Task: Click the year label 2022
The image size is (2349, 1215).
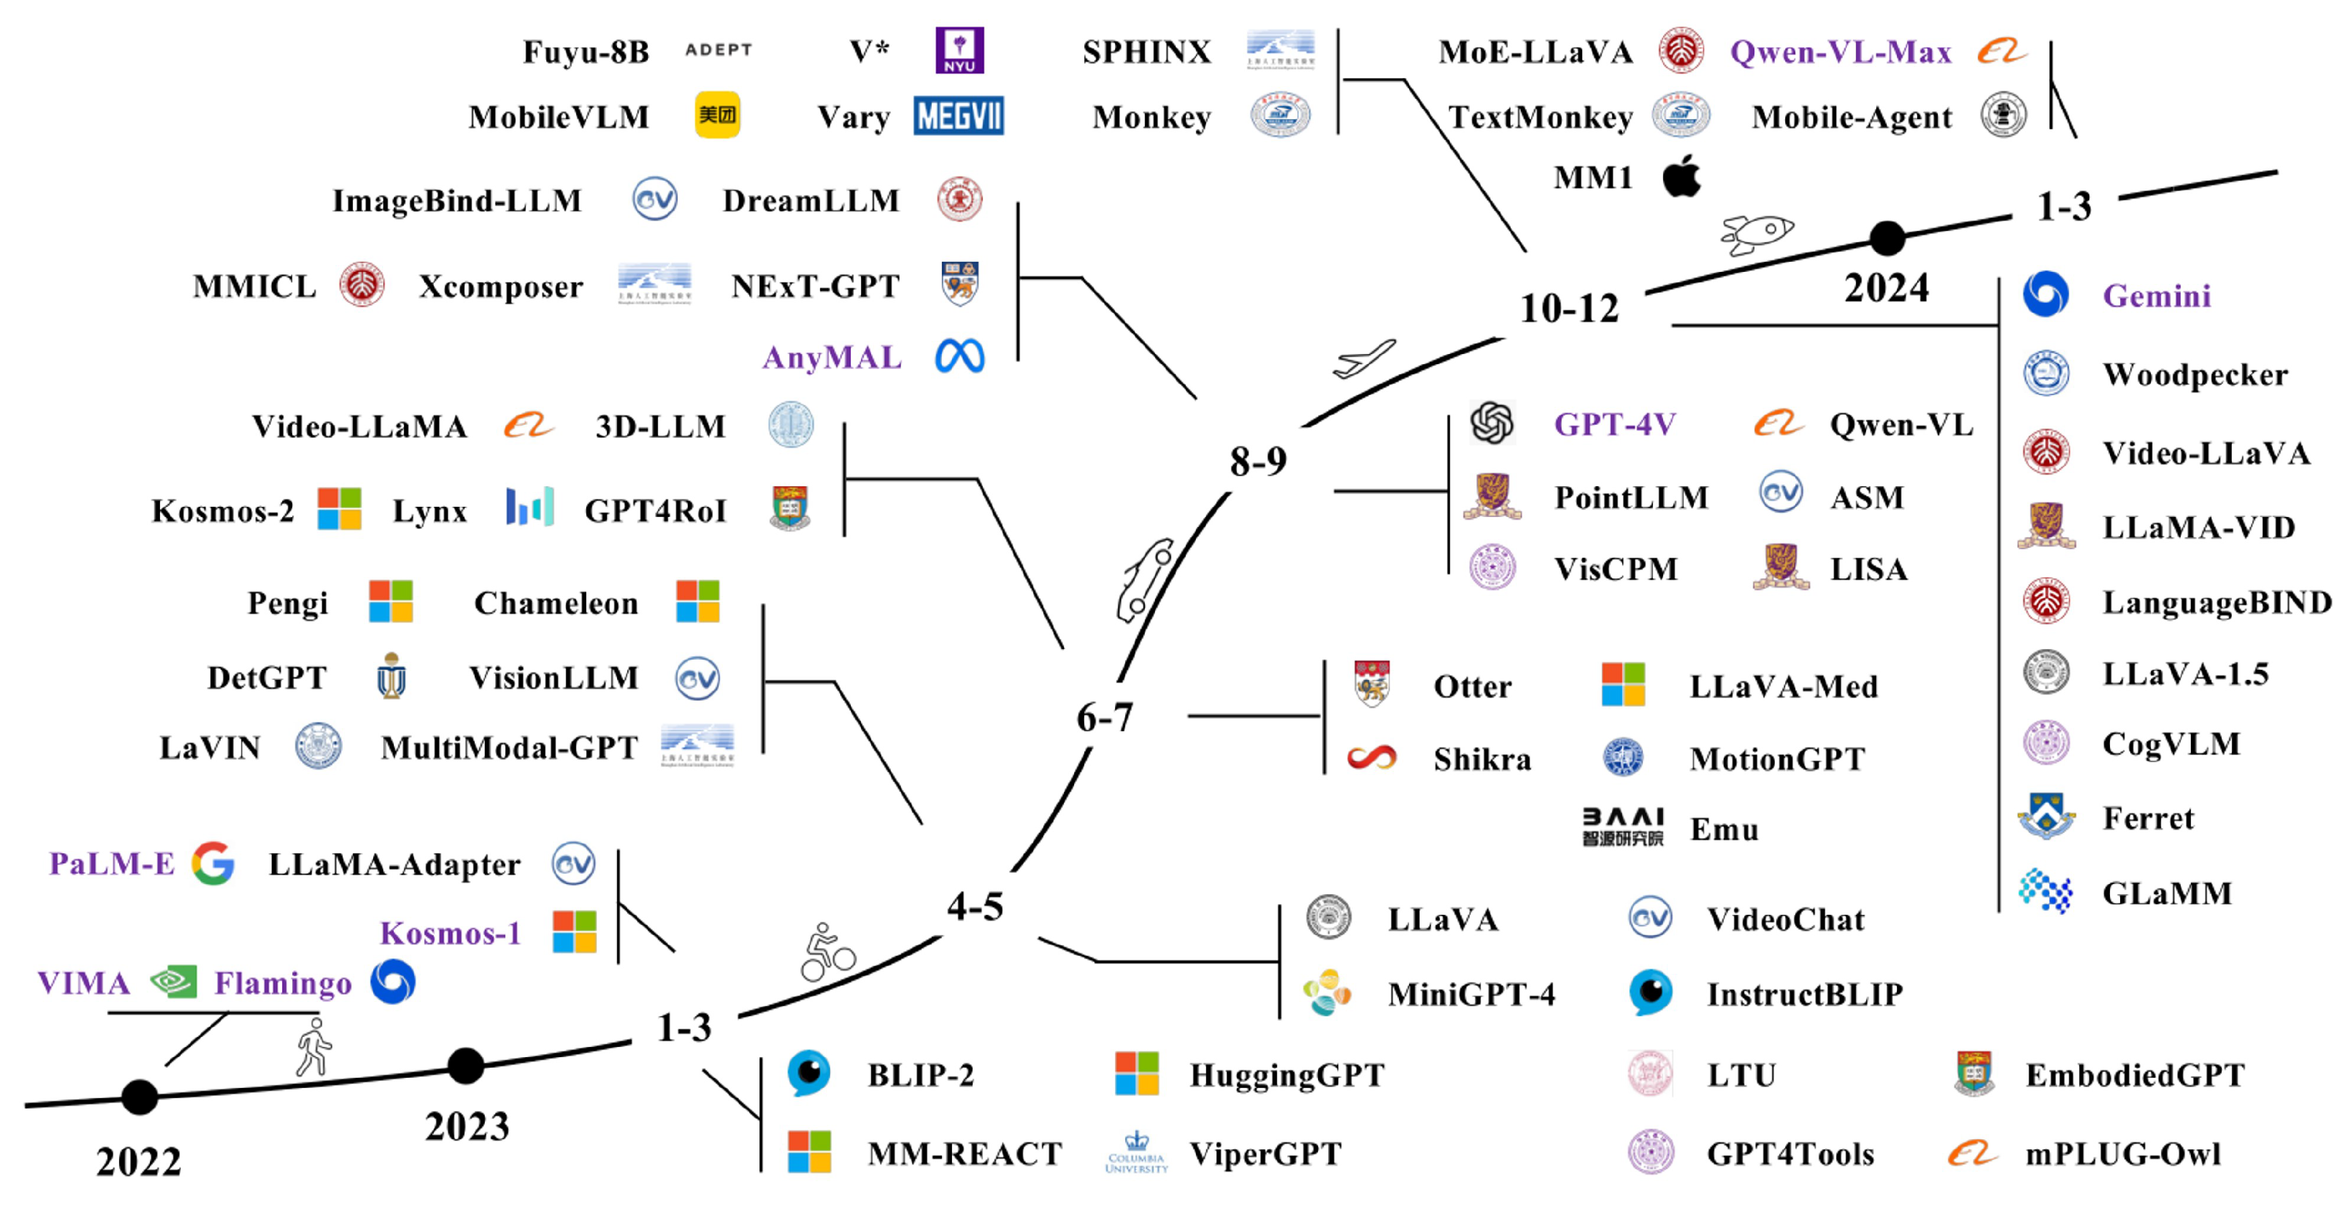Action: pos(139,1161)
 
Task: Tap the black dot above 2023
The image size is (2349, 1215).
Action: pos(466,1065)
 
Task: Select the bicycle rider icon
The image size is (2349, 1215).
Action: pos(827,954)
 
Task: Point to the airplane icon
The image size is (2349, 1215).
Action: pos(1364,359)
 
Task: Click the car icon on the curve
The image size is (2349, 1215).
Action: pos(1144,580)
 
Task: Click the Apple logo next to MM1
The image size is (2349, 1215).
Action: pos(1682,176)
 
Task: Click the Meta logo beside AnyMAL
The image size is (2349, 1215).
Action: pos(959,357)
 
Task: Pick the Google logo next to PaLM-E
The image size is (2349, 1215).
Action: pos(213,863)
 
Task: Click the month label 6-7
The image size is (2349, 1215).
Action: pos(1104,717)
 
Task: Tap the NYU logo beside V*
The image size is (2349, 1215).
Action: pos(959,50)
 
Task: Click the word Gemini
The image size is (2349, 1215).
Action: pos(2156,296)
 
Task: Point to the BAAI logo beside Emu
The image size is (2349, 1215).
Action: pos(1622,827)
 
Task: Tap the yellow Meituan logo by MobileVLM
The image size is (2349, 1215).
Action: pos(717,115)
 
